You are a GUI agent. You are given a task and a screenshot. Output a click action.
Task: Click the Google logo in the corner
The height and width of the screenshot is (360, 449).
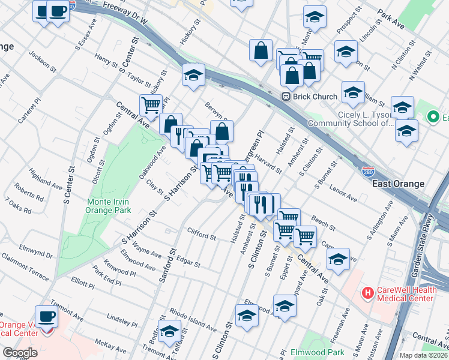point(20,353)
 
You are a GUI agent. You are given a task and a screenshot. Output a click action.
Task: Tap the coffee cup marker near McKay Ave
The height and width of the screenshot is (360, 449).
point(46,316)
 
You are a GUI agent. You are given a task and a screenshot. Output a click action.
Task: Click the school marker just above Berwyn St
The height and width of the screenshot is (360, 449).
point(194,76)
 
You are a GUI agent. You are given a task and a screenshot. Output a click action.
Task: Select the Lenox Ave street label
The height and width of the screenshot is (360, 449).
point(343,194)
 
